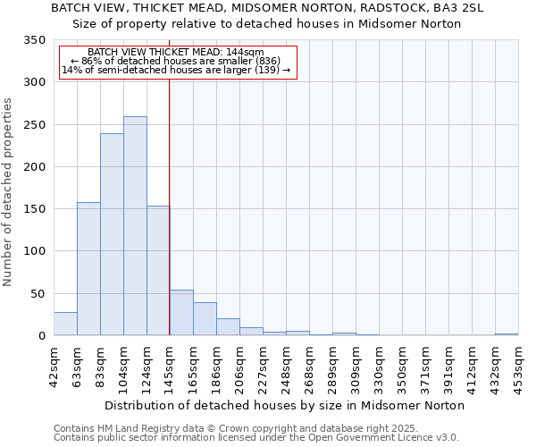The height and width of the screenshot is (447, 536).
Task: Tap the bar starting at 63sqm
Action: click(x=88, y=269)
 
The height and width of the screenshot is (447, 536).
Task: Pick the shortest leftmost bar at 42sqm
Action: click(x=65, y=324)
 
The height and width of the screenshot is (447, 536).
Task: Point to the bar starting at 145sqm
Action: click(x=181, y=313)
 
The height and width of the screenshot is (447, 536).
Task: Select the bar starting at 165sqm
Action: click(x=205, y=319)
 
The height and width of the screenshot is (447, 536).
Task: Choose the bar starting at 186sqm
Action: click(x=228, y=327)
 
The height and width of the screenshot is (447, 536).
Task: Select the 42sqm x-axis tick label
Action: click(x=54, y=367)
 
